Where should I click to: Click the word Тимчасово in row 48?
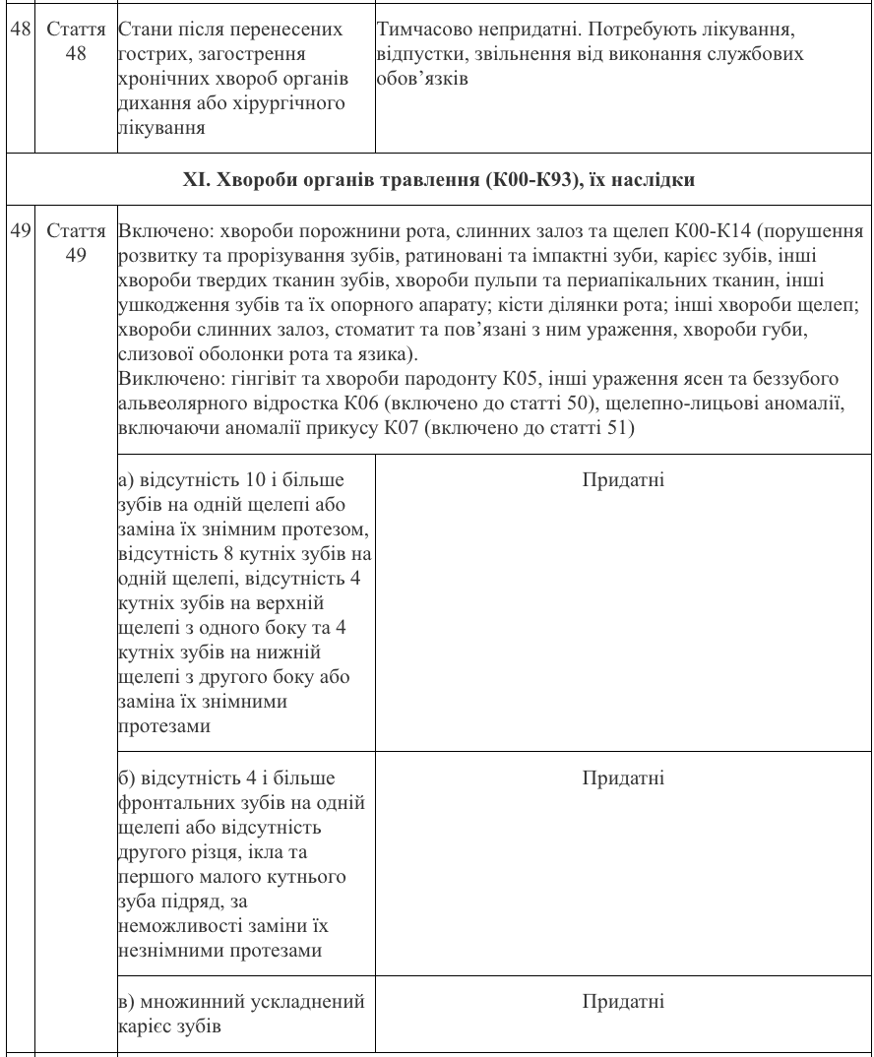pyautogui.click(x=418, y=30)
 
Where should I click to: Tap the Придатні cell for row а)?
pyautogui.click(x=623, y=480)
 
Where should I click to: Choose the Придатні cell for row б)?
pyautogui.click(x=623, y=778)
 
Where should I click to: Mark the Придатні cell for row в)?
pyautogui.click(x=623, y=1002)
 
